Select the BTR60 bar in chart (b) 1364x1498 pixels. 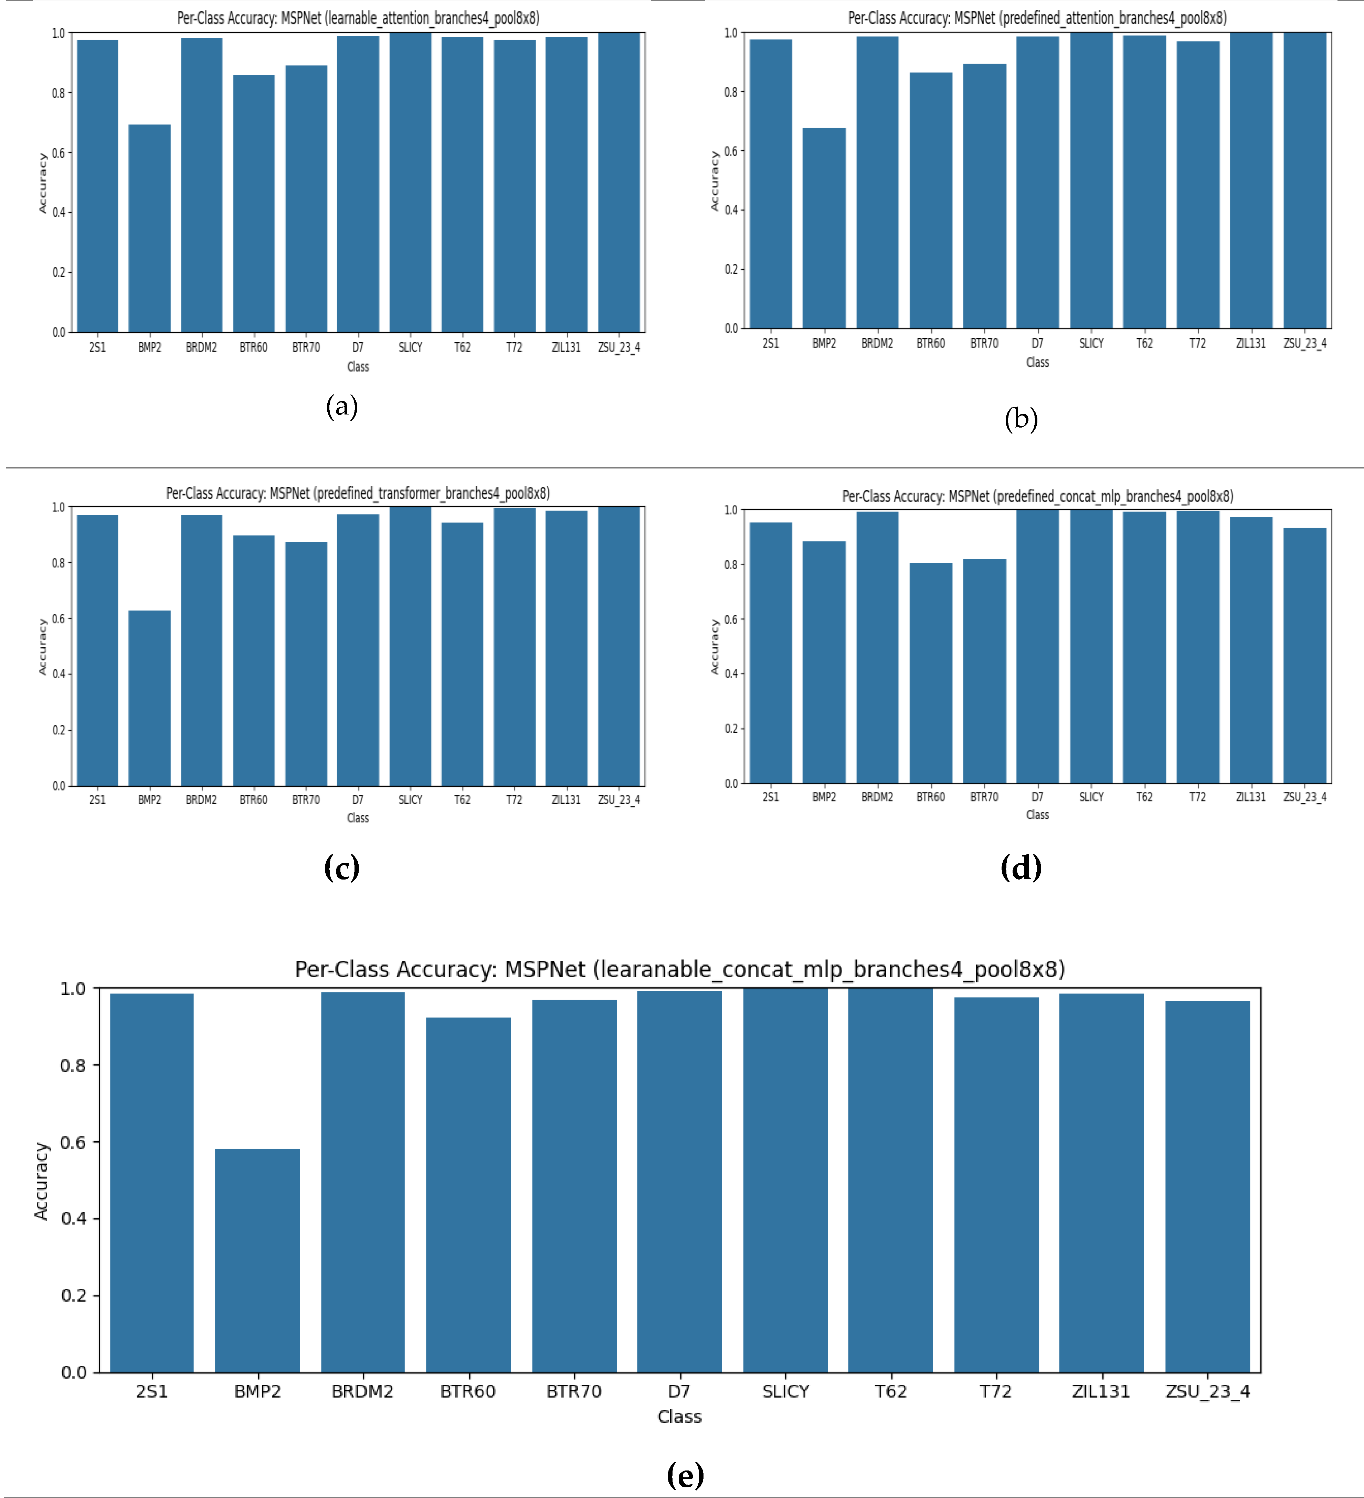pyautogui.click(x=931, y=201)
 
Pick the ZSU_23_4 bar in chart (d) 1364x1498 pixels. pyautogui.click(x=1304, y=655)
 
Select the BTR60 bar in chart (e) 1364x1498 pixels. pyautogui.click(x=468, y=1195)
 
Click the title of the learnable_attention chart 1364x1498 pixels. pyautogui.click(x=358, y=18)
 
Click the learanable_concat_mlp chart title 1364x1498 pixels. pyautogui.click(x=679, y=969)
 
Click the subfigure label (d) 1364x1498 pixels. pyautogui.click(x=1021, y=867)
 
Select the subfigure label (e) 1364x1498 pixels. pyautogui.click(x=685, y=1475)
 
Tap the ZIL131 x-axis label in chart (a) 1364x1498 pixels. pyautogui.click(x=566, y=347)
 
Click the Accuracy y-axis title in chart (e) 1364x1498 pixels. pyautogui.click(x=42, y=1181)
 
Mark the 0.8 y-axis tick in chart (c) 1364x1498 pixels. pyautogui.click(x=58, y=562)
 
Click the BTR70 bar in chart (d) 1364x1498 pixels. pyautogui.click(x=984, y=671)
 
